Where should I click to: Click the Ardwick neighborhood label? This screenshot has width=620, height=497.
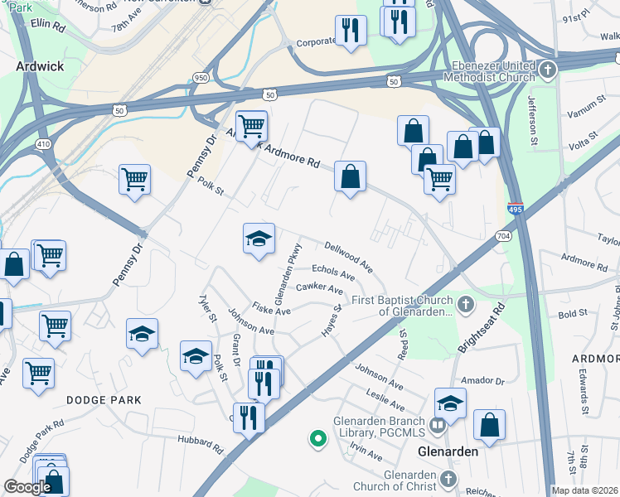[39, 65]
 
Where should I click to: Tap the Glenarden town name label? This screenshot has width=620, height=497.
[449, 451]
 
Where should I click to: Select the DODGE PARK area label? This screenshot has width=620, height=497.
[104, 399]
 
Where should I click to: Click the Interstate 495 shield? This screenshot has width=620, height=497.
[516, 210]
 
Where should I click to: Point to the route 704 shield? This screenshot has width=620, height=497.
[503, 236]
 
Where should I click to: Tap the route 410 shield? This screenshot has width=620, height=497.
[43, 143]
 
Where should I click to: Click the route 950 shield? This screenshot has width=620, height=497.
[200, 77]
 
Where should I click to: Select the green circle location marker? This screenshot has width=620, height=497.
[317, 438]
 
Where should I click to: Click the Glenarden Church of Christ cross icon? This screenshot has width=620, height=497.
[448, 479]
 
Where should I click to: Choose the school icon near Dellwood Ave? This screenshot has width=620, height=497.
[259, 239]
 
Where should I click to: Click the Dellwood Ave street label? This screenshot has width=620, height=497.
[348, 257]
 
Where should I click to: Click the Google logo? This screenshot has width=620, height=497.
[27, 487]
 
